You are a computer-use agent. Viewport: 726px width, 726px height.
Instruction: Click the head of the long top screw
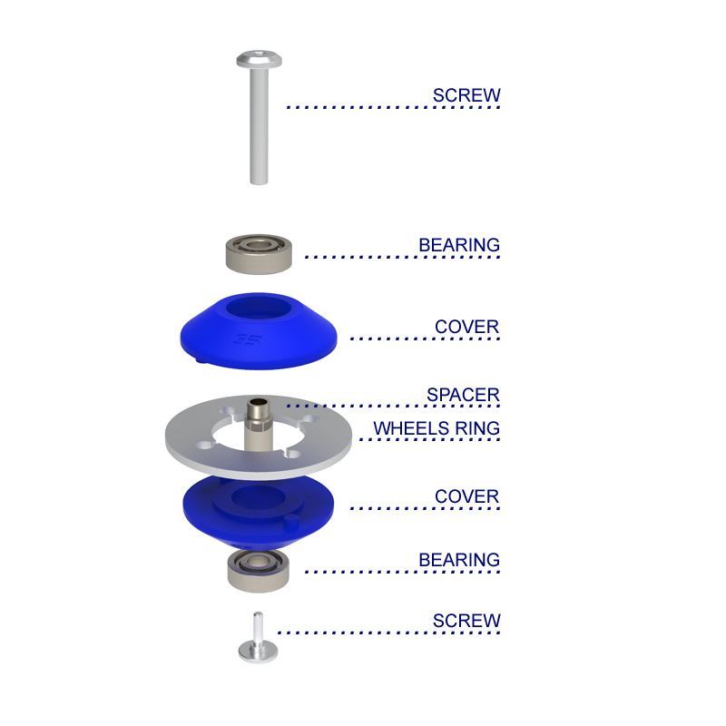tap(259, 60)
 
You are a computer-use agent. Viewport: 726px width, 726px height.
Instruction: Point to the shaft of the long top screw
tap(259, 127)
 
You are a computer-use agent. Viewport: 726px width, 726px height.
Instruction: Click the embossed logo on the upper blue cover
tap(243, 342)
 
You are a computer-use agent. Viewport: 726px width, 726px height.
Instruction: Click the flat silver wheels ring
tap(195, 440)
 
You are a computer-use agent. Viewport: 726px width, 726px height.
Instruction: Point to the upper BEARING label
tap(459, 245)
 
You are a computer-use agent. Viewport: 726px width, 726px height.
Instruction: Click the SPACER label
tap(463, 396)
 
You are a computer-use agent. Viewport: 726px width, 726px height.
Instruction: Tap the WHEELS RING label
tap(437, 428)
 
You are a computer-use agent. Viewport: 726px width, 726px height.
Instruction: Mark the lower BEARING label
tap(459, 560)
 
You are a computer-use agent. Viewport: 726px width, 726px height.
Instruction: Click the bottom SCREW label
tap(466, 622)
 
